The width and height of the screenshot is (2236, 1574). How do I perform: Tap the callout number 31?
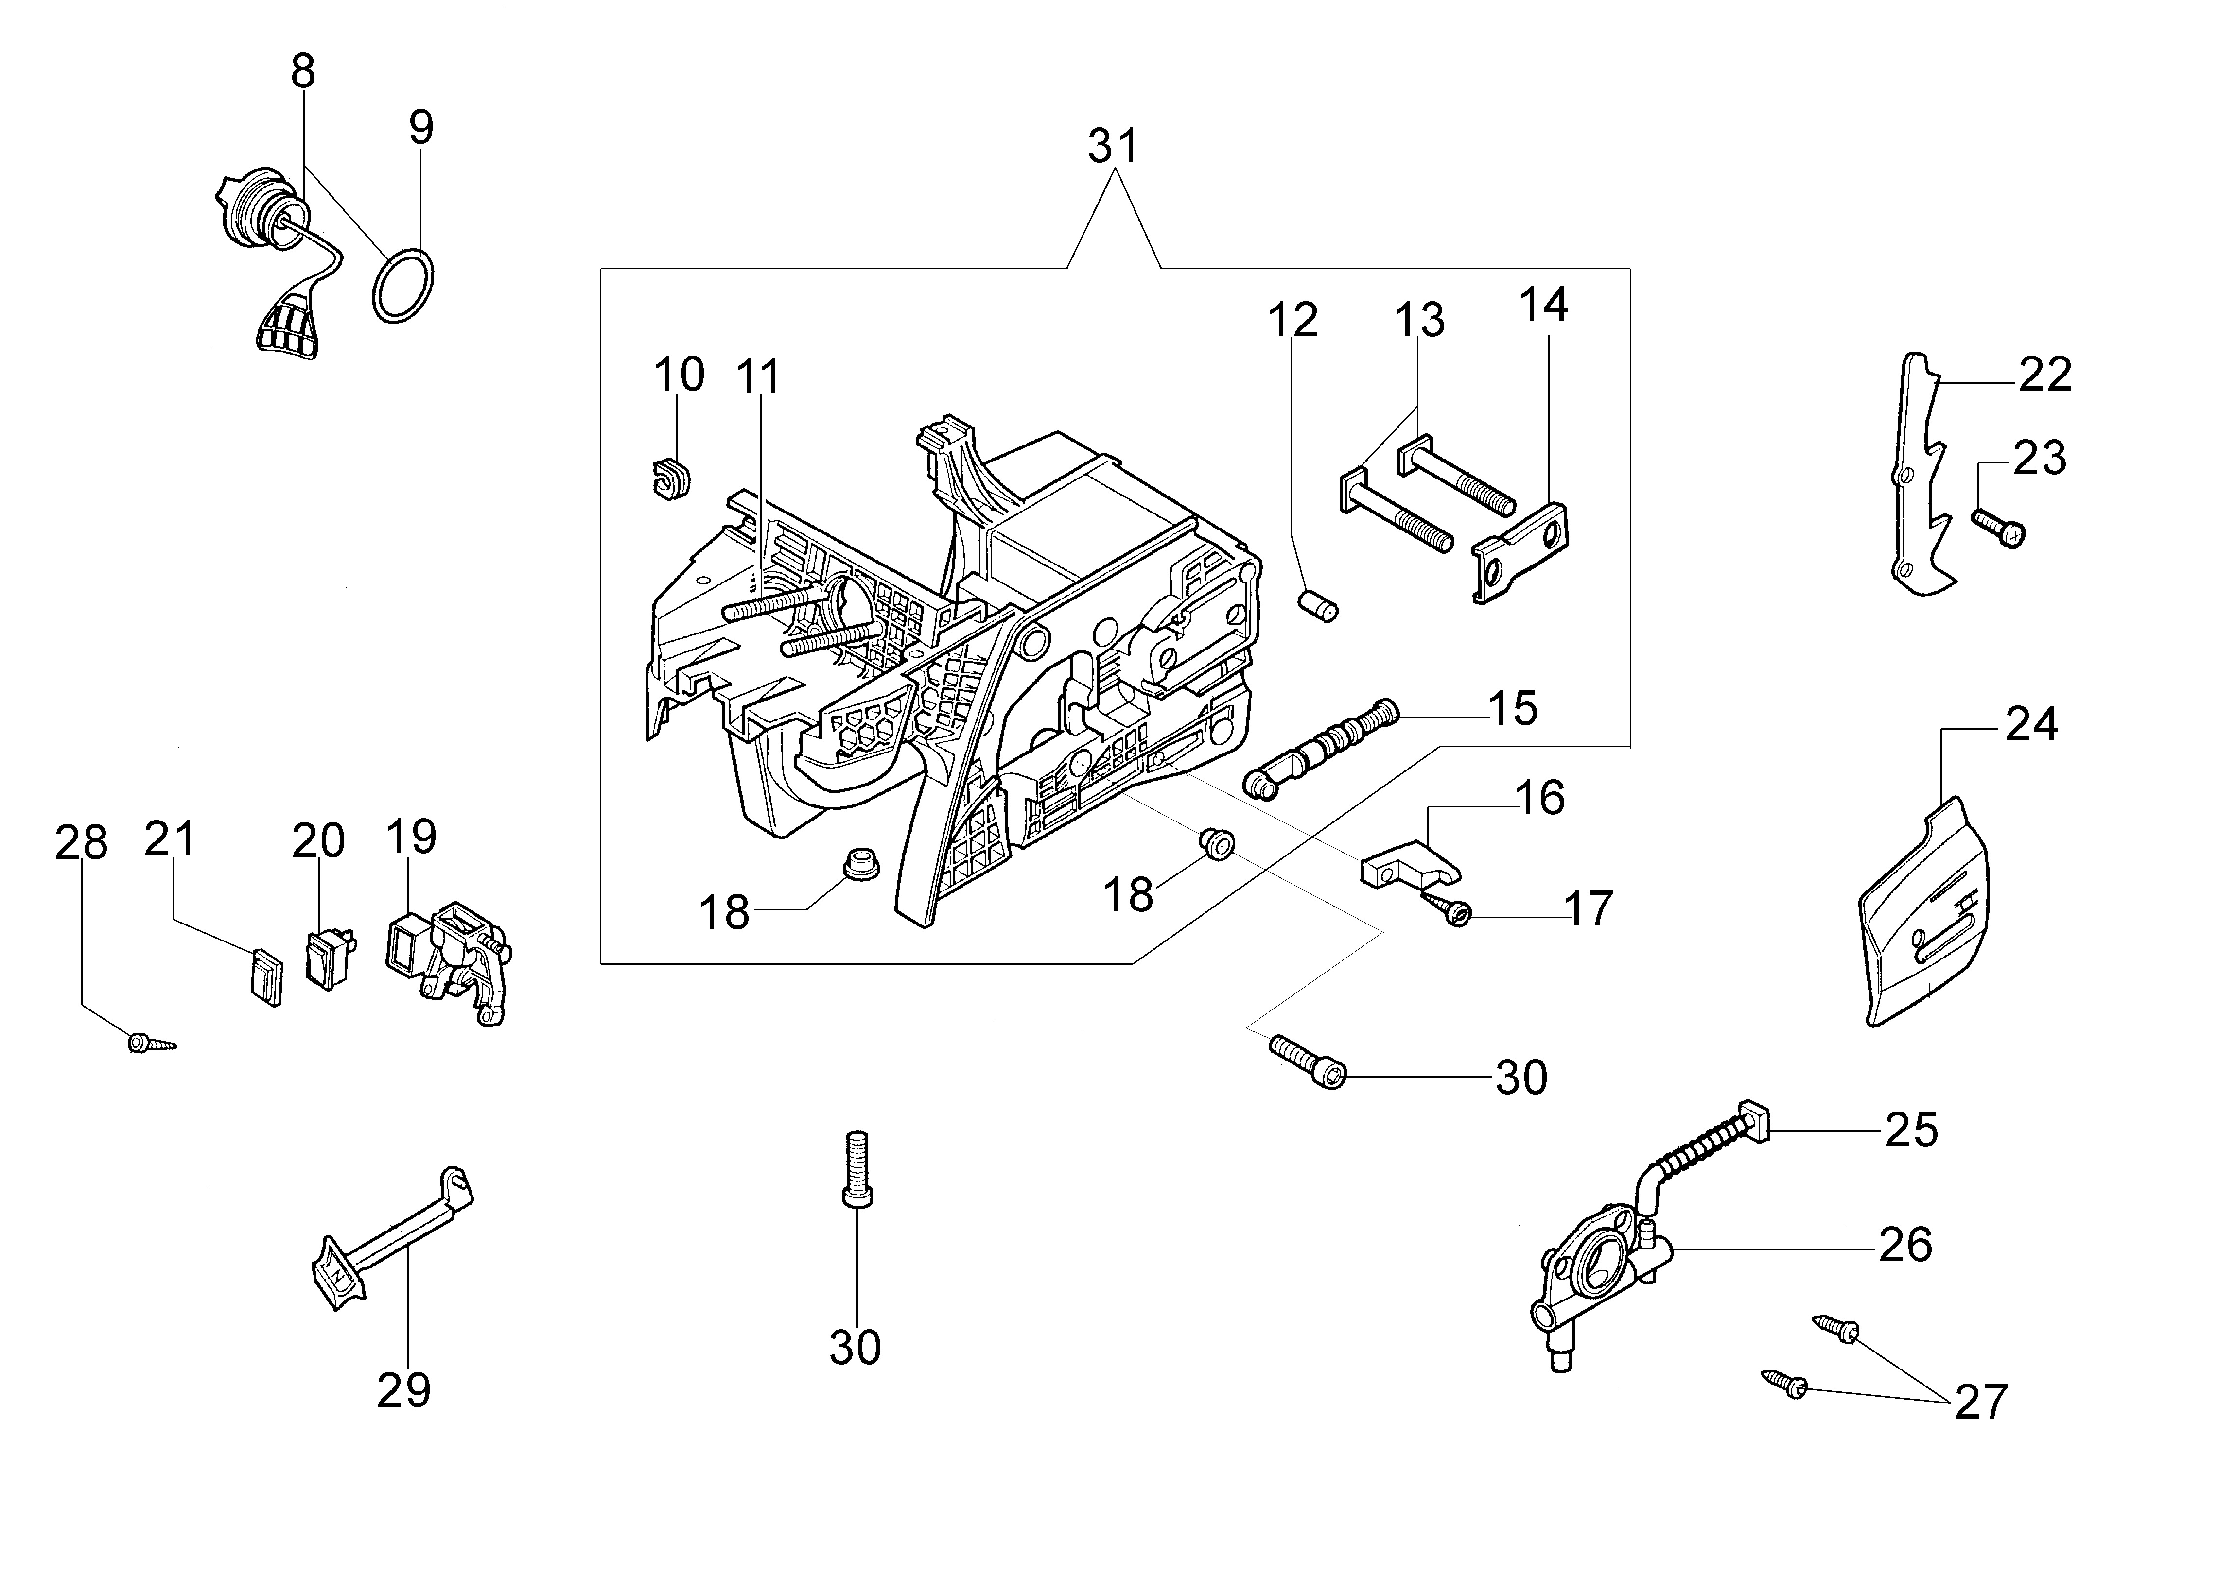tap(1113, 147)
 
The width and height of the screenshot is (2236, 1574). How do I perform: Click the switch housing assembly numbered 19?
tap(448, 959)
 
